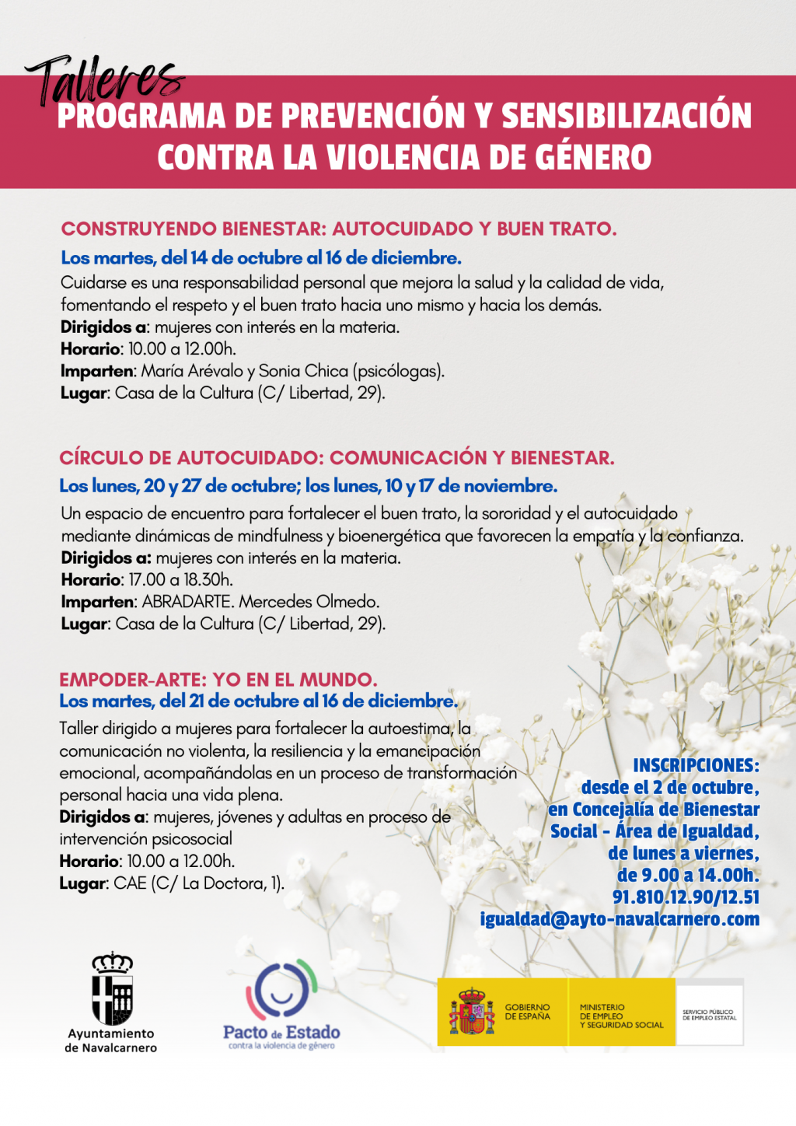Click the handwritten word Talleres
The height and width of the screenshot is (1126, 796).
tap(105, 80)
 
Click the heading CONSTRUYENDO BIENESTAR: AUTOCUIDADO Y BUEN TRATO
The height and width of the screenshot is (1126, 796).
tap(339, 229)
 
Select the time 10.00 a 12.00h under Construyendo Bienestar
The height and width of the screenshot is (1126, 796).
tap(182, 349)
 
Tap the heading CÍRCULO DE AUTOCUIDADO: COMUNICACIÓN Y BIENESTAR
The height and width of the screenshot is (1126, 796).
tap(337, 457)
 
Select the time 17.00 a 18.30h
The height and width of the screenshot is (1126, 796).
tap(180, 579)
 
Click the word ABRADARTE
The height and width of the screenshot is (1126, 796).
tap(186, 601)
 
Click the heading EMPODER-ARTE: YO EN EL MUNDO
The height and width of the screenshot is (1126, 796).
tap(218, 680)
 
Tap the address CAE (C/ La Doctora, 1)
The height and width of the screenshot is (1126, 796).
tap(198, 883)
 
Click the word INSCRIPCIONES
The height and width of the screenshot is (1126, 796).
tap(696, 765)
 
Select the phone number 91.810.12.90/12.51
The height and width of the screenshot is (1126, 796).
tap(686, 897)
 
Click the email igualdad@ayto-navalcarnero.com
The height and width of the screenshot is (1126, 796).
tap(620, 918)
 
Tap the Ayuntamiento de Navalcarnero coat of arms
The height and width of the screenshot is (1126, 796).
tap(112, 988)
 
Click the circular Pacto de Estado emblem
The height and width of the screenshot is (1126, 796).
tap(281, 990)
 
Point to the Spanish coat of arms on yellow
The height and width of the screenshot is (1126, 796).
tap(472, 1011)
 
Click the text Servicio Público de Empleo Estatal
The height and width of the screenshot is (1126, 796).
tap(709, 1015)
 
